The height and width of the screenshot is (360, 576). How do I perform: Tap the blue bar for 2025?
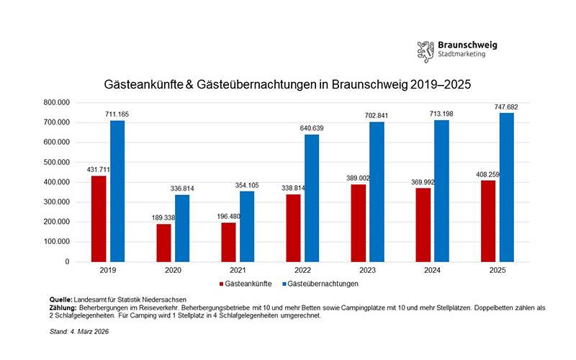click(x=506, y=187)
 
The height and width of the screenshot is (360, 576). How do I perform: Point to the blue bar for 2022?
click(x=312, y=198)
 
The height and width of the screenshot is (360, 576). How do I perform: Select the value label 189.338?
click(x=164, y=217)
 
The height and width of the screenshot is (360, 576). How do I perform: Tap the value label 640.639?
click(x=311, y=127)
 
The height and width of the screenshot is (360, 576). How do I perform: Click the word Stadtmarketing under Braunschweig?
click(x=461, y=55)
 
